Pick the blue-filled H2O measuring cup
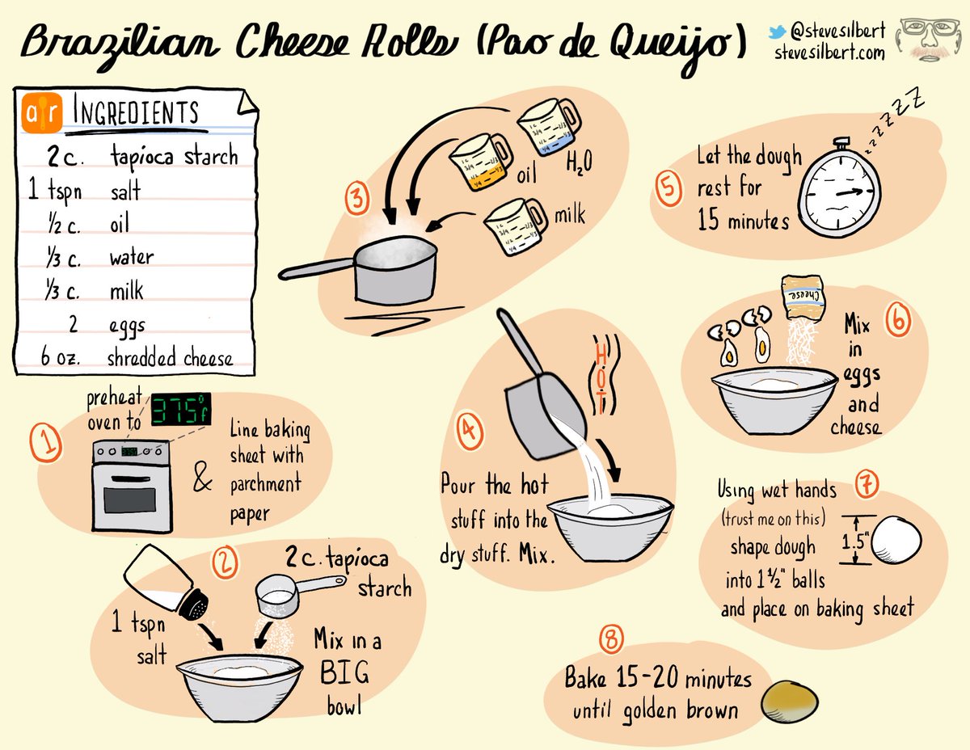click(x=546, y=127)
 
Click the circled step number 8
click(x=612, y=640)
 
